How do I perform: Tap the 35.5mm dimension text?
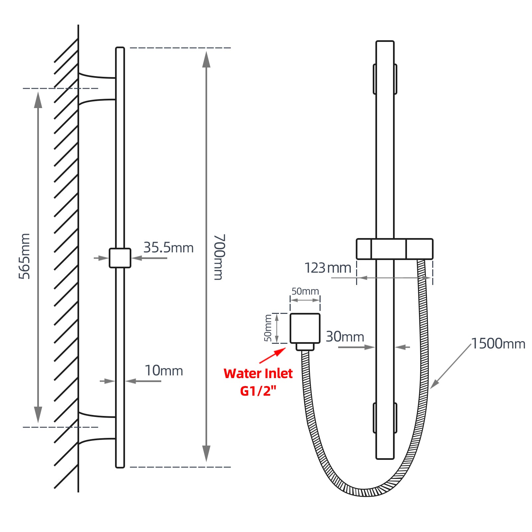tap(168, 248)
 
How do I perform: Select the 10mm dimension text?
tap(164, 371)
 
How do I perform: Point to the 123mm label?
tap(328, 268)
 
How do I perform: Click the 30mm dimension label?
tap(345, 337)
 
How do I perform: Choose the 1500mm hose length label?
tap(498, 344)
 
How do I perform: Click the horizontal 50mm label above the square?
tap(305, 291)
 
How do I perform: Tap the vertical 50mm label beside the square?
tap(268, 328)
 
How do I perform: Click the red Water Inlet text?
tap(258, 374)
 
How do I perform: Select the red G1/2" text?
tap(258, 391)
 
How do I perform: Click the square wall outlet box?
tap(305, 328)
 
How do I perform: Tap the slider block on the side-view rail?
tap(120, 258)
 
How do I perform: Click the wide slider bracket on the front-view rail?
tap(394, 249)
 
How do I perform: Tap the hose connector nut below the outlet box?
tap(305, 347)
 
